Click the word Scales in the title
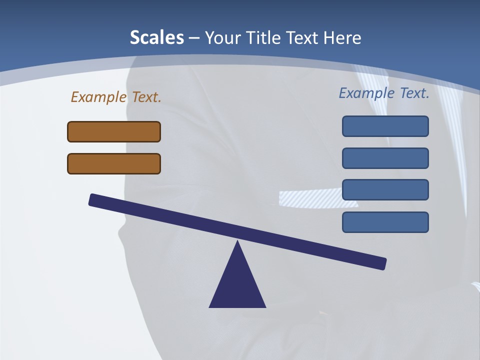tap(156, 37)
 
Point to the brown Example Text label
tap(116, 97)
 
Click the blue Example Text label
tap(384, 93)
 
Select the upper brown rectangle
tap(114, 131)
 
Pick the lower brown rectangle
tap(114, 163)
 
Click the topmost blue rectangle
tap(385, 126)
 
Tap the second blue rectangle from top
tap(385, 158)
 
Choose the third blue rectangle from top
tap(385, 189)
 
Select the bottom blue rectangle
tap(385, 222)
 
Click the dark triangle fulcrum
tap(237, 285)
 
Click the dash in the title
tap(194, 38)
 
